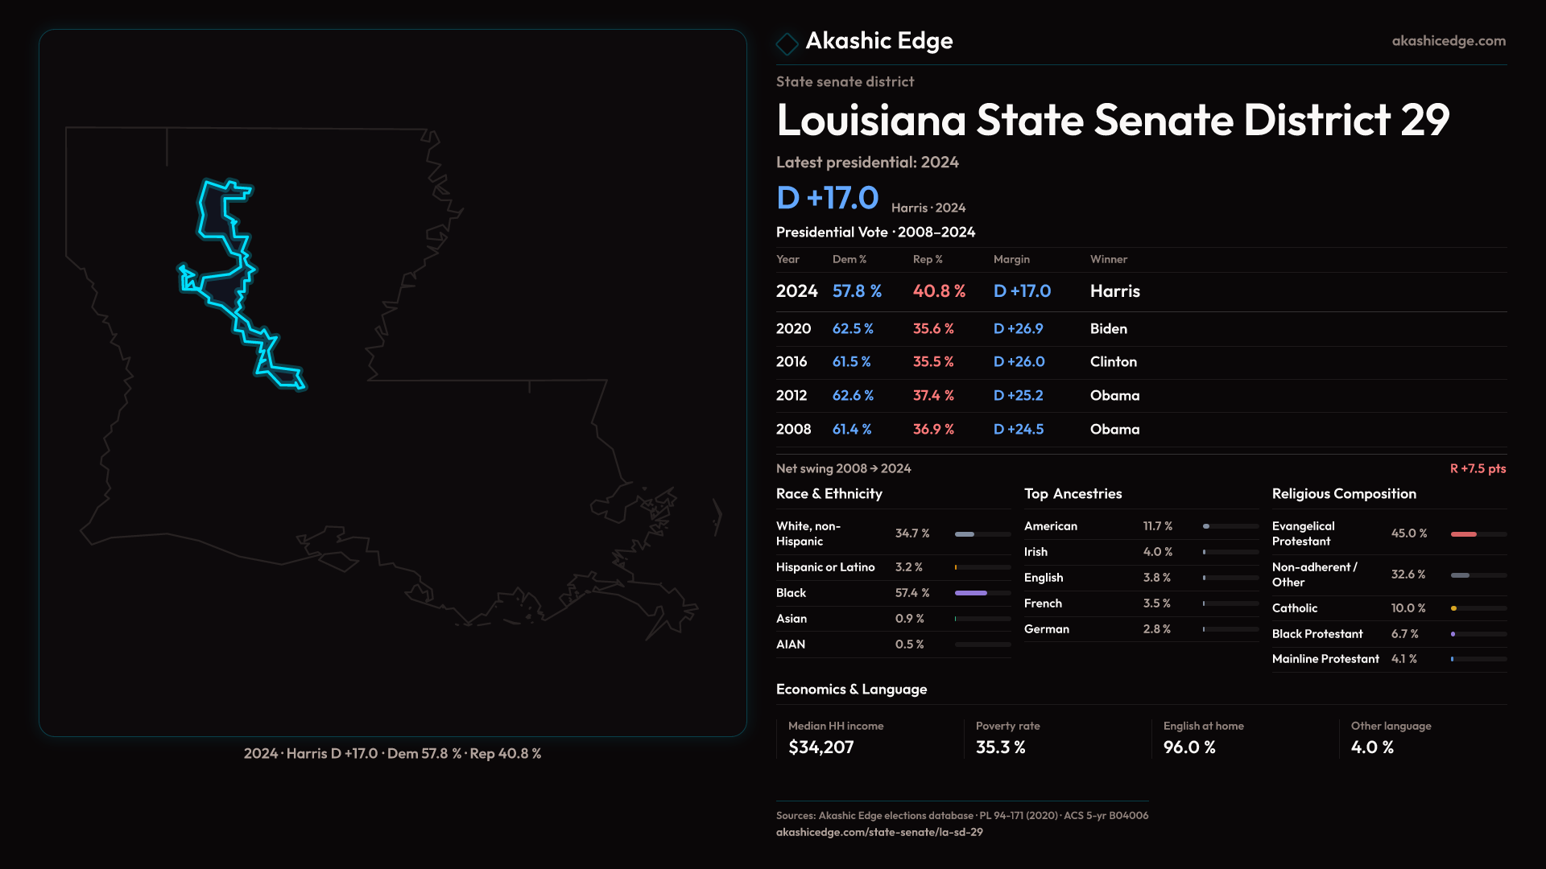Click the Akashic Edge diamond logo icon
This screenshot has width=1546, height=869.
click(x=787, y=43)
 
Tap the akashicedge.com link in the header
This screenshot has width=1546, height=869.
click(x=1448, y=41)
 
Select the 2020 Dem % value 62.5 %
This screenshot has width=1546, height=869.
click(x=853, y=329)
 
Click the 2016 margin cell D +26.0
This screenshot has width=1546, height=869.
click(x=1019, y=362)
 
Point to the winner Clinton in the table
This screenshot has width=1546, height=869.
click(x=1113, y=362)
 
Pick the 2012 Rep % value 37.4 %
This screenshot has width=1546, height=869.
click(x=933, y=396)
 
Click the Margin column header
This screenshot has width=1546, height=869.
click(x=1011, y=259)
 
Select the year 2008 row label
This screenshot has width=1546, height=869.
click(x=793, y=430)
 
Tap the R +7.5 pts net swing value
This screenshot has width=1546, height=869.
click(x=1478, y=468)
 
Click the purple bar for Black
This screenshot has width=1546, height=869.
click(x=971, y=593)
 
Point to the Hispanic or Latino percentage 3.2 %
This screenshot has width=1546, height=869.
click(x=909, y=567)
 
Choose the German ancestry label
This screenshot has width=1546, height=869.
click(x=1047, y=629)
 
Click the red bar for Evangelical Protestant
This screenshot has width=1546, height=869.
click(x=1464, y=534)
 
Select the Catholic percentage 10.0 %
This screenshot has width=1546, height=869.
click(x=1408, y=608)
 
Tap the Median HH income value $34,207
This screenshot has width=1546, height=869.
click(x=821, y=748)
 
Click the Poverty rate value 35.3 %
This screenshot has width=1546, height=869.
click(x=1000, y=748)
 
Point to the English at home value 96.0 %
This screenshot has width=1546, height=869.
click(x=1189, y=748)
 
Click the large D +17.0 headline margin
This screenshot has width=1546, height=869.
click(x=827, y=198)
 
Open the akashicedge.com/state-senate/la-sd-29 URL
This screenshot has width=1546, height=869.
click(x=879, y=832)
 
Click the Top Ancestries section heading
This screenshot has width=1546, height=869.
click(x=1073, y=494)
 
